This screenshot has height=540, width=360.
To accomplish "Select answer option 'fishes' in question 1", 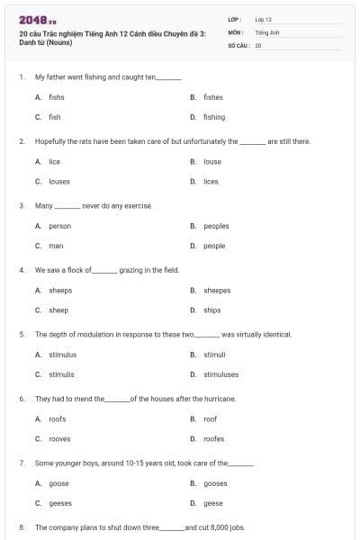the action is (x=213, y=97).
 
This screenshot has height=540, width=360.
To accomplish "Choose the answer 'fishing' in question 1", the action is (x=214, y=117).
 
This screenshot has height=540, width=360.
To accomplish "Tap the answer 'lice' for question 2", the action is (x=55, y=162).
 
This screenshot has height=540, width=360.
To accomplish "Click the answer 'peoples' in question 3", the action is (x=216, y=226).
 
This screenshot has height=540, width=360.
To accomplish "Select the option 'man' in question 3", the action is (x=56, y=246).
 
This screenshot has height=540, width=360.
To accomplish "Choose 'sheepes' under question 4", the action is (x=217, y=291).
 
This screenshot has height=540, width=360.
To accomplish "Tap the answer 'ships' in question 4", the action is (x=211, y=310).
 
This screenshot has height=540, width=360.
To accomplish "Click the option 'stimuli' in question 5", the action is (x=214, y=355).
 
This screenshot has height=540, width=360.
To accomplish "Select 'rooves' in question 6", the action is (x=59, y=439).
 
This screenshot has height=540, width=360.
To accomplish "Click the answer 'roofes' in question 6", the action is (x=214, y=439).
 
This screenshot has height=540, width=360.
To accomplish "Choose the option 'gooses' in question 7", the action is (x=215, y=483).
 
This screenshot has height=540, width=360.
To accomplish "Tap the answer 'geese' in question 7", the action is (x=213, y=503).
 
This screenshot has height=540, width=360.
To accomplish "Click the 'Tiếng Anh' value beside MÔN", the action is (x=267, y=31).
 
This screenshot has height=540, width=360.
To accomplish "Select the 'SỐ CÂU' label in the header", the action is (x=238, y=44).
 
